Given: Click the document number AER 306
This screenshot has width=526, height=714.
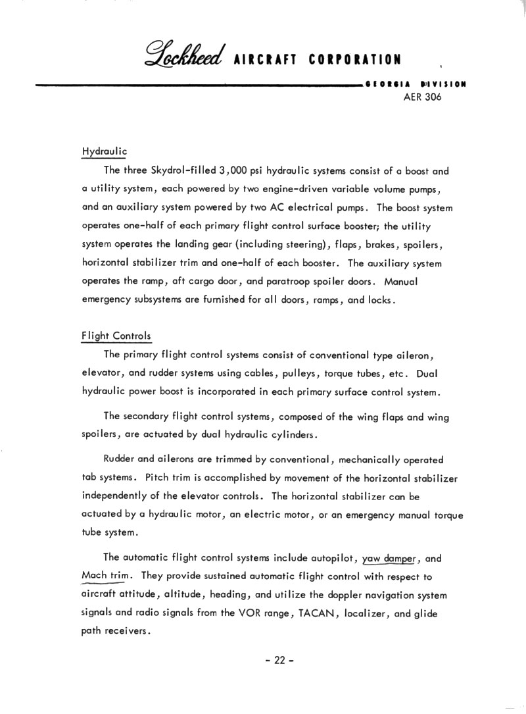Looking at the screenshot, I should [421, 97].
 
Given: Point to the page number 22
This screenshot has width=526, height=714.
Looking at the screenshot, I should [277, 661].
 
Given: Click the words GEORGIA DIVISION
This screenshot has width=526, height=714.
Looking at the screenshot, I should [416, 84].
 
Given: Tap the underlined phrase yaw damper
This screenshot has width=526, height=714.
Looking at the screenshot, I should [391, 559].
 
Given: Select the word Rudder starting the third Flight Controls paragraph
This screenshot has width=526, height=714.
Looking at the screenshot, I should [119, 459].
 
